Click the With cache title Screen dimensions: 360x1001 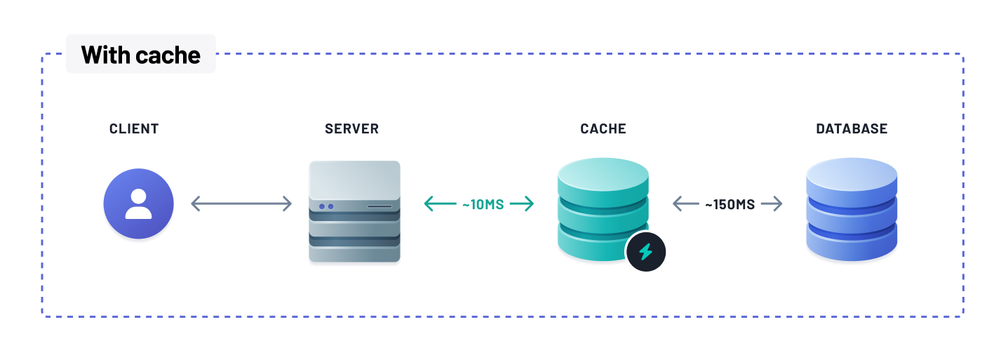pyautogui.click(x=140, y=55)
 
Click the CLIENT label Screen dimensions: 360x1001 pyautogui.click(x=134, y=129)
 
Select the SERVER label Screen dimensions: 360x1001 pyautogui.click(x=351, y=129)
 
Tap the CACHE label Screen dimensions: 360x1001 pyautogui.click(x=603, y=129)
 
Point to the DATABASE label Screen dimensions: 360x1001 pyautogui.click(x=852, y=129)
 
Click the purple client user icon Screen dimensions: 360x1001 pyautogui.click(x=138, y=204)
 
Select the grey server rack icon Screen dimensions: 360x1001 pyautogui.click(x=354, y=211)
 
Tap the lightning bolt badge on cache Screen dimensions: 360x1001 pyautogui.click(x=645, y=251)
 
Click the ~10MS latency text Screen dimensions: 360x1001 pyautogui.click(x=483, y=204)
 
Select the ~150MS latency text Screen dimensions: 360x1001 pyautogui.click(x=730, y=204)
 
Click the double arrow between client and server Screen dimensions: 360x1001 pyautogui.click(x=241, y=204)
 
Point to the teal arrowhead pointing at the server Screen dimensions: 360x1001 pyautogui.click(x=429, y=204)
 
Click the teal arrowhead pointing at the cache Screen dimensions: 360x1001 pyautogui.click(x=529, y=204)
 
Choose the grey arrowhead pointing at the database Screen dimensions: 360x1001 pyautogui.click(x=777, y=204)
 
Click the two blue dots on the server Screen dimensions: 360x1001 pyautogui.click(x=326, y=206)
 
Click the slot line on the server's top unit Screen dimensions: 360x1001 pyautogui.click(x=379, y=206)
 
